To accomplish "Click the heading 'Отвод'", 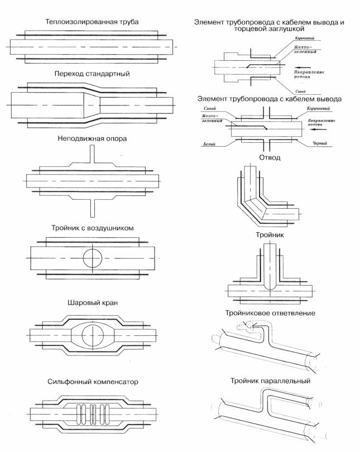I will (x=270, y=158).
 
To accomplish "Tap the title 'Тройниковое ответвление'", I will (x=270, y=313).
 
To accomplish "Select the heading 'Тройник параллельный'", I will (x=270, y=382).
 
